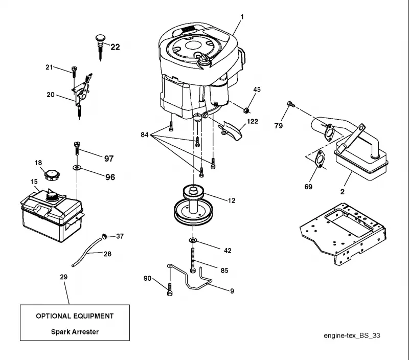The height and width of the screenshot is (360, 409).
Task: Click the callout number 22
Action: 116,47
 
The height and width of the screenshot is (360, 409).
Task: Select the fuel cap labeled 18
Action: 52,175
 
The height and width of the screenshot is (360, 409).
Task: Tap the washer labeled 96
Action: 77,167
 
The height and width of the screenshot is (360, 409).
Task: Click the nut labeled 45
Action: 246,110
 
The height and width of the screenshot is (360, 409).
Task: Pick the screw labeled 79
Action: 291,104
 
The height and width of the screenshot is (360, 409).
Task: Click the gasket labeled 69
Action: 319,159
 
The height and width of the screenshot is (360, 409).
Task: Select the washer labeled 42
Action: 193,240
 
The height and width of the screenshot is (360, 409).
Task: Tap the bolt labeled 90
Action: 169,289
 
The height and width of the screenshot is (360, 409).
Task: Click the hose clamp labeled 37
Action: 105,236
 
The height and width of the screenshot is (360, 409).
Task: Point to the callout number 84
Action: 145,134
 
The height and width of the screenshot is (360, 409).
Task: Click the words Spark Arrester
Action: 75,332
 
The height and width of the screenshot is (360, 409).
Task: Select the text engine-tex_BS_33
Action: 352,335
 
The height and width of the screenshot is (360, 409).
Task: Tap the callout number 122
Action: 253,121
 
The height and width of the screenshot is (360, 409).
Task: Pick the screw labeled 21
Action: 74,72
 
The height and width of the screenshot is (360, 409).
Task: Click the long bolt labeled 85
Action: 193,260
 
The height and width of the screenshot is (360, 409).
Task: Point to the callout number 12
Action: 232,200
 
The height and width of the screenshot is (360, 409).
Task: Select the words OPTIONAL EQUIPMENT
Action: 75,316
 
